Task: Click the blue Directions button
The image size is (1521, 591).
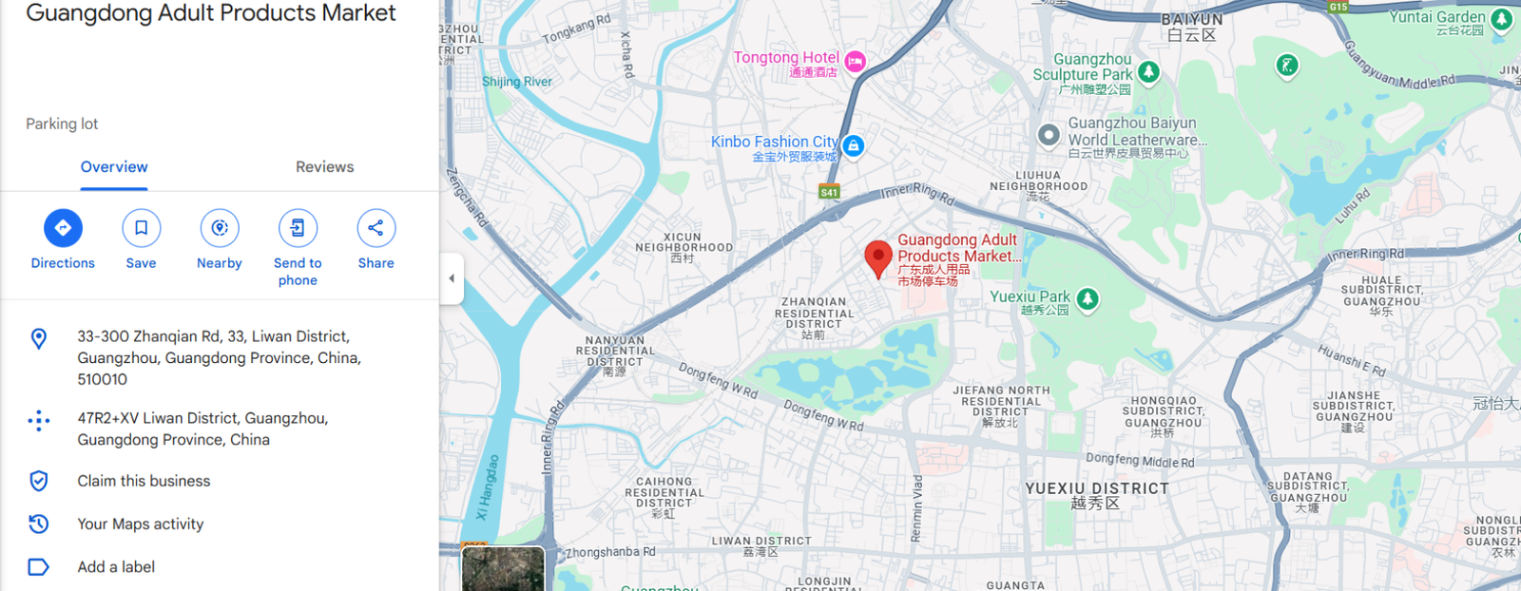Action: (x=63, y=228)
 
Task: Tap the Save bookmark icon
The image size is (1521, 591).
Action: (x=141, y=228)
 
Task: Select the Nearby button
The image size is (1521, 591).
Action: (x=220, y=228)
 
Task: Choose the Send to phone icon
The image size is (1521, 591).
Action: (x=298, y=228)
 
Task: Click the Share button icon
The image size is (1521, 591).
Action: (x=375, y=228)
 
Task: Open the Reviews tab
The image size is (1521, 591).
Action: (x=324, y=167)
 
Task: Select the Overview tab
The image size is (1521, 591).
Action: (x=114, y=167)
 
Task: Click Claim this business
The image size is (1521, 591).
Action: (x=144, y=481)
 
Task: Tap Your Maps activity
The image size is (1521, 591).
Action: (x=140, y=524)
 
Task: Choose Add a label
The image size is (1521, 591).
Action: (x=116, y=567)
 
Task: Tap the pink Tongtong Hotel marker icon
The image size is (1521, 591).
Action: (x=855, y=62)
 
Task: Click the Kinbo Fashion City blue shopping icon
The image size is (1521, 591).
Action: (x=854, y=145)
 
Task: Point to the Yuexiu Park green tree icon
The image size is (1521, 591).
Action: (x=1088, y=299)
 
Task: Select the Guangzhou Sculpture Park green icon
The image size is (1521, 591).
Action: (x=1148, y=72)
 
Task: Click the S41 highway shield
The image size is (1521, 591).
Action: (x=829, y=192)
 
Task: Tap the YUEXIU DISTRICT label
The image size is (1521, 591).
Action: (x=1097, y=488)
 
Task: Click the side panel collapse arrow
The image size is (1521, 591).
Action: (x=452, y=278)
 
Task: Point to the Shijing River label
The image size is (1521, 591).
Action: (x=517, y=82)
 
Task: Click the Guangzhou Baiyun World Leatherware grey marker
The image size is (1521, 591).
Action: (x=1049, y=135)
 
